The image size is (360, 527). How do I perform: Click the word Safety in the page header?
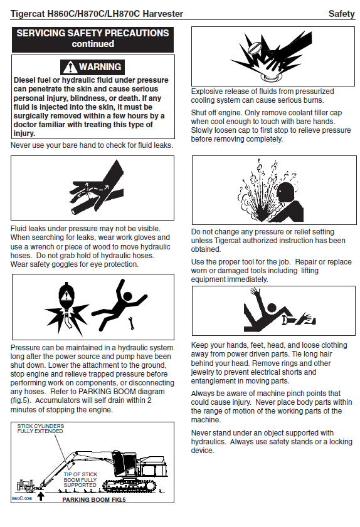[341, 14]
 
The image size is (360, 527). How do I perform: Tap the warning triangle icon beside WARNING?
[70, 67]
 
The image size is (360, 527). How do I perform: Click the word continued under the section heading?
[93, 44]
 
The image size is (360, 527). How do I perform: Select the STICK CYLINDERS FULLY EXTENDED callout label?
[40, 429]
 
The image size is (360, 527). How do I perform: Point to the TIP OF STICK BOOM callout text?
[80, 479]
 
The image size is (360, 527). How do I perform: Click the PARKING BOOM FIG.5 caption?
[94, 500]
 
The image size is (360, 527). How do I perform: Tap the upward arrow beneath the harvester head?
[41, 496]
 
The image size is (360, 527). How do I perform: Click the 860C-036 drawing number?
[22, 498]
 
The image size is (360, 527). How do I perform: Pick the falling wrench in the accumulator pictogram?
[132, 323]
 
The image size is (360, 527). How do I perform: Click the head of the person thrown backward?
[128, 296]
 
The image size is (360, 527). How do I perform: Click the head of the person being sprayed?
[287, 192]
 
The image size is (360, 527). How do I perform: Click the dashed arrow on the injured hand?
[98, 188]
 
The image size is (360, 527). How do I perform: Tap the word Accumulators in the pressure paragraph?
[57, 400]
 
